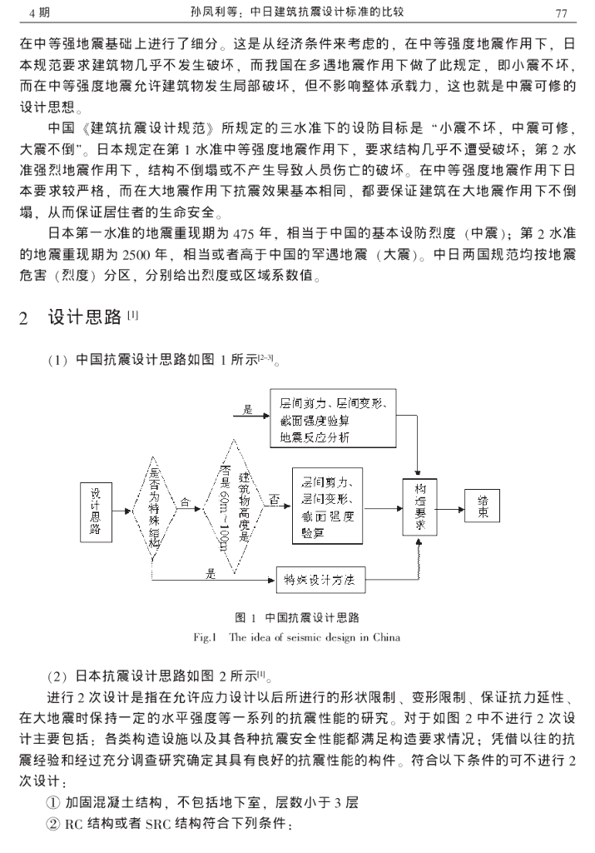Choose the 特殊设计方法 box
[320, 581]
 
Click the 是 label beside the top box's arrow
[248, 410]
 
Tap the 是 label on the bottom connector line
[210, 574]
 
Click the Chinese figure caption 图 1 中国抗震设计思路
[296, 618]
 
